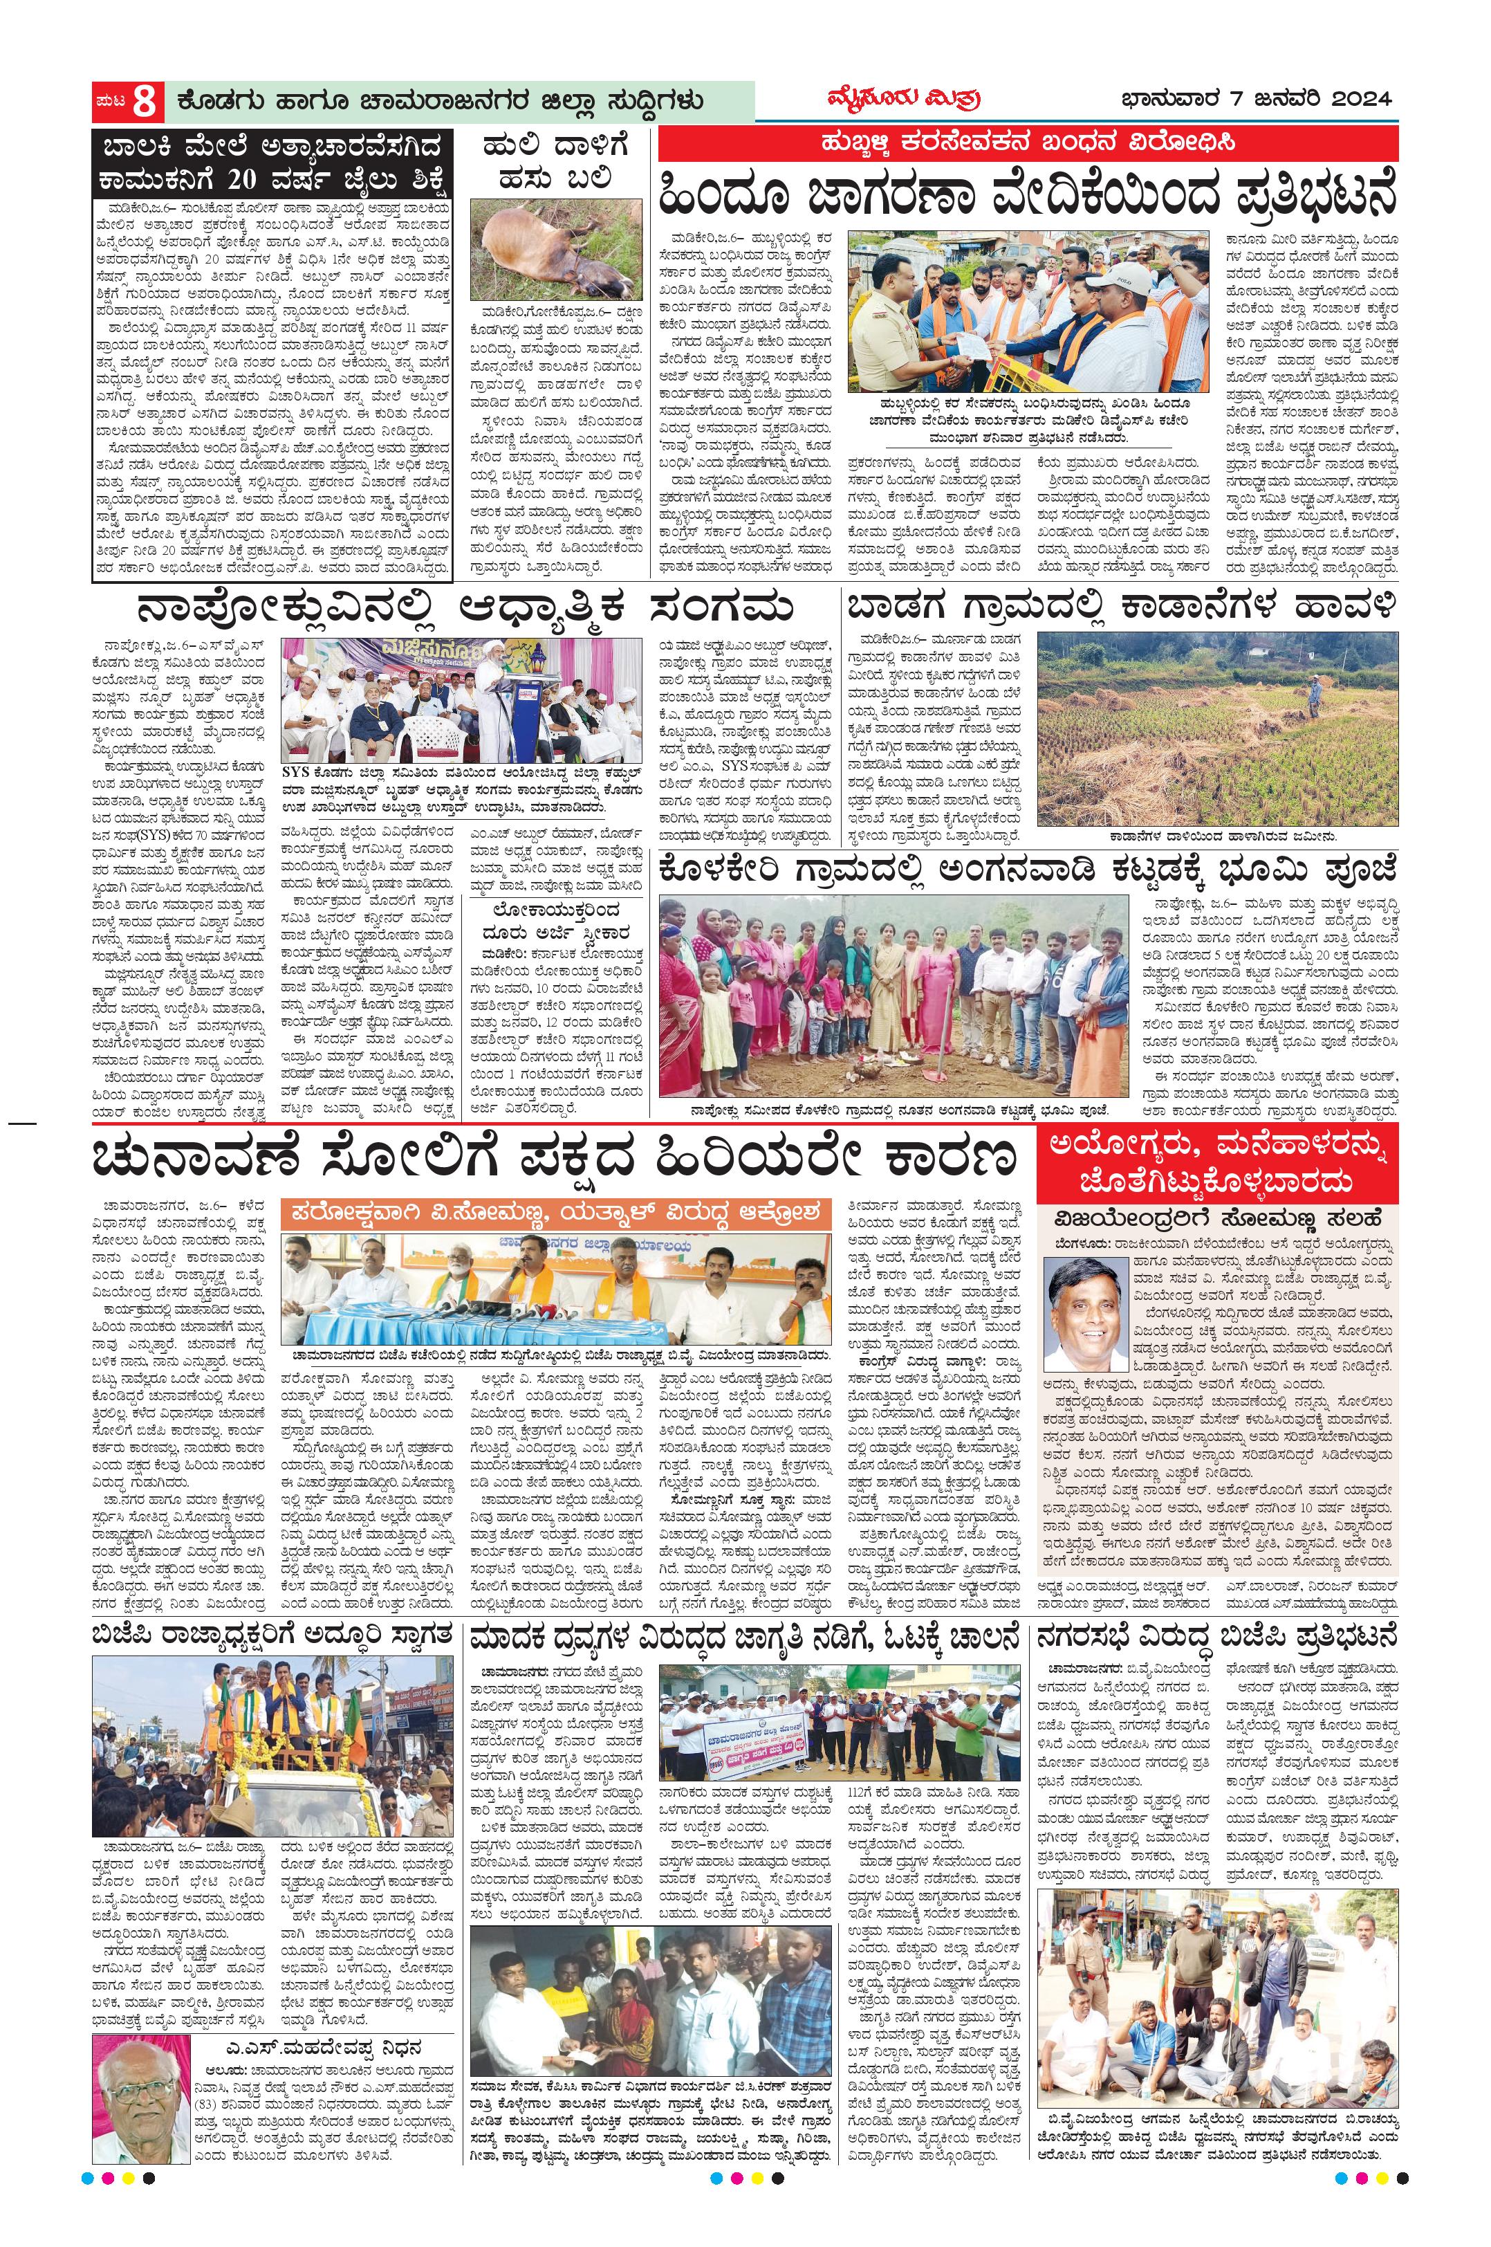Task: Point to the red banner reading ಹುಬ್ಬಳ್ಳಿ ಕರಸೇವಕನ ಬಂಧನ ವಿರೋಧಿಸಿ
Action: click(x=1029, y=144)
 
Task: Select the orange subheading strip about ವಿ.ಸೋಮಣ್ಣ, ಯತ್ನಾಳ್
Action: click(x=556, y=1213)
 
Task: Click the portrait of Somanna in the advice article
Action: click(x=1084, y=1313)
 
